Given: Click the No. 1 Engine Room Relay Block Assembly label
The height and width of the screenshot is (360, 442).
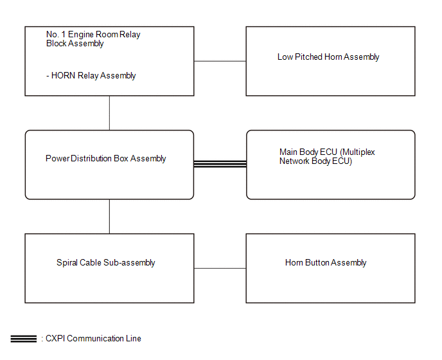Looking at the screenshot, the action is (x=93, y=39).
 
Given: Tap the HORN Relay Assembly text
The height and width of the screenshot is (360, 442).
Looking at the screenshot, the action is (x=93, y=76).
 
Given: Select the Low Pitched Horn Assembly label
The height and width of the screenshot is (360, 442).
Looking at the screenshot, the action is (x=328, y=57).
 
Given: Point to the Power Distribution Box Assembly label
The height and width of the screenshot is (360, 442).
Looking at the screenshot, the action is (x=106, y=159).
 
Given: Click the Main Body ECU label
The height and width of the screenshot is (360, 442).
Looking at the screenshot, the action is (x=327, y=157).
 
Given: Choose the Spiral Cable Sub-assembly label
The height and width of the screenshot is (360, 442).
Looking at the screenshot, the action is (x=106, y=263).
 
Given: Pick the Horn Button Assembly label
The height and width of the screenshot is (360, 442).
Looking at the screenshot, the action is (x=326, y=263).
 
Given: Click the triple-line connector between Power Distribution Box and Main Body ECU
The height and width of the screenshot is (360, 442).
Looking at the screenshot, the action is (x=220, y=164).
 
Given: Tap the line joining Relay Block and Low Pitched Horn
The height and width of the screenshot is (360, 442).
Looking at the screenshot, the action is (x=220, y=61).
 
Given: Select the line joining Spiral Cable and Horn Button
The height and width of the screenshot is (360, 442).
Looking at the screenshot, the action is (x=220, y=268).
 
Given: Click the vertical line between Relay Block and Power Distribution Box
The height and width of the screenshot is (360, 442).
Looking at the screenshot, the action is (x=109, y=113).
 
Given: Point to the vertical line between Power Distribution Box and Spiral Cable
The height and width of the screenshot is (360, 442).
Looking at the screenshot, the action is (x=109, y=217).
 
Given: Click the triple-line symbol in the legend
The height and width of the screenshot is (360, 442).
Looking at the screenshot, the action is (x=24, y=339).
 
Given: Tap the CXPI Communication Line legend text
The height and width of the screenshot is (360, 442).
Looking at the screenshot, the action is (x=93, y=339).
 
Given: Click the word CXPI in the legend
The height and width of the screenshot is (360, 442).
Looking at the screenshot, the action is (x=55, y=339).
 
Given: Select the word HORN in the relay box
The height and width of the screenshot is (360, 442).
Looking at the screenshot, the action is (x=63, y=76).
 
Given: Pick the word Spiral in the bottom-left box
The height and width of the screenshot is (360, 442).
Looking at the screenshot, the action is (x=67, y=263).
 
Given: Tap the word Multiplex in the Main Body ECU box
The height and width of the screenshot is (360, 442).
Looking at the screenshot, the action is (x=357, y=152).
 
